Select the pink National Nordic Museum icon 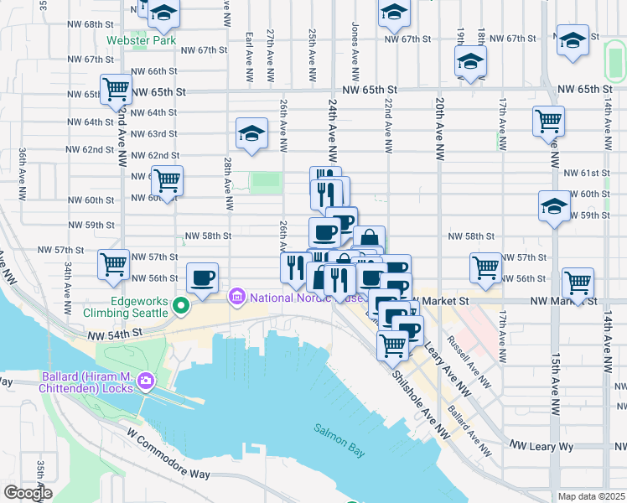click(x=237, y=296)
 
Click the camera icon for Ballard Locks click(x=146, y=381)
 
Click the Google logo click(x=27, y=493)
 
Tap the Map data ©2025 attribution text click(x=592, y=496)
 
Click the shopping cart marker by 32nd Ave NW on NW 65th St click(x=115, y=89)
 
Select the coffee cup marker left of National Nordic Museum click(x=202, y=277)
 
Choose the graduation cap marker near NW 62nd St click(x=251, y=133)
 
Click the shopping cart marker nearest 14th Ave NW click(x=578, y=283)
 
